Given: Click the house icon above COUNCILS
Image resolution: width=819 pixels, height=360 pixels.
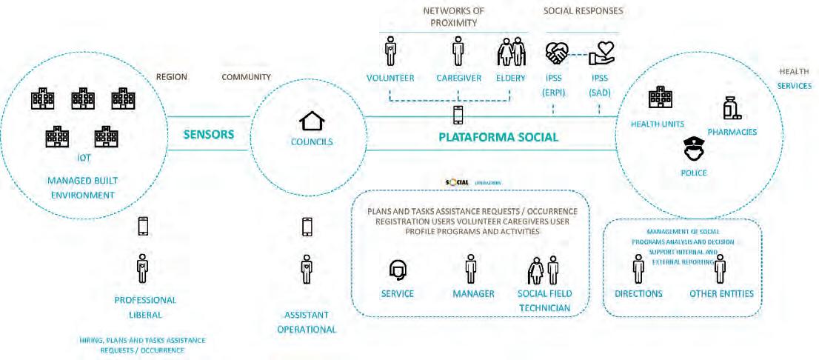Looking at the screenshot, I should [310, 121].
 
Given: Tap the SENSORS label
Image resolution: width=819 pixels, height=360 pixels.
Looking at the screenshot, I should [209, 135].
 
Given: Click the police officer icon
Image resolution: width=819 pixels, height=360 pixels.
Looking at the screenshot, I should [694, 150].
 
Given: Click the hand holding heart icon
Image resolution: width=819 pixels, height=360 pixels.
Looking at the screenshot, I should [598, 53].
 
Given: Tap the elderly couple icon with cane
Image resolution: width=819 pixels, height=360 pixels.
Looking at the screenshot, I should [509, 53].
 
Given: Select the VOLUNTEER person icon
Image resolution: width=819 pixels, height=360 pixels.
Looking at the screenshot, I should [390, 53].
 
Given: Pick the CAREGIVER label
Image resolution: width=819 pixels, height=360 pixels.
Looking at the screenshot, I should [458, 78].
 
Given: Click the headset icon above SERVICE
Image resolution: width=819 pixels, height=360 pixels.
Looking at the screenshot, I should [397, 270].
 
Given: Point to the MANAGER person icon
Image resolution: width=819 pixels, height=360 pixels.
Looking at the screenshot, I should [470, 269].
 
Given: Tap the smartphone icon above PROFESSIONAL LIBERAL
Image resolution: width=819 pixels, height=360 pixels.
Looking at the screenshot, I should [143, 226].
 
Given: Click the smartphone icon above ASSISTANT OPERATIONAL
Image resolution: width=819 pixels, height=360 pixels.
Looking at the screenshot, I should [307, 226].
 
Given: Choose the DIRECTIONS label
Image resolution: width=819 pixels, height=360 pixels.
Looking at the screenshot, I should [638, 294].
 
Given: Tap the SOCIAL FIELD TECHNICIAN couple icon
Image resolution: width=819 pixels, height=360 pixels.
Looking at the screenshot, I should [543, 270].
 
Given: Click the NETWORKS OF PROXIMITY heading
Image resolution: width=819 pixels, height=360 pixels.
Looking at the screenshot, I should [453, 17].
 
